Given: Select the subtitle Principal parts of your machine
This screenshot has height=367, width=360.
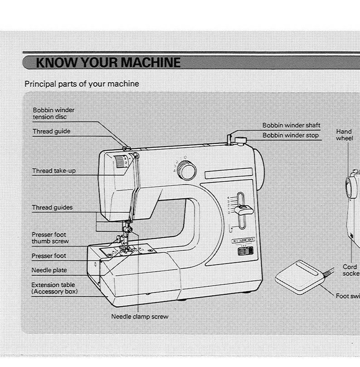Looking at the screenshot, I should point(82,84).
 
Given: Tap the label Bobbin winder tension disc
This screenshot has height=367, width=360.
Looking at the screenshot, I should point(54,113).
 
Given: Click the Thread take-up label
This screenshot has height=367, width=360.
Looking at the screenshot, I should point(53,171).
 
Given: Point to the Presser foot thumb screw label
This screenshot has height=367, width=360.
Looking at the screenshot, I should point(50,238).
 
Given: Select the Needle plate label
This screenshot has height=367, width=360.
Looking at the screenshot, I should point(49,270).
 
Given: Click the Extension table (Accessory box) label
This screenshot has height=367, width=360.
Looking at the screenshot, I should point(54,288).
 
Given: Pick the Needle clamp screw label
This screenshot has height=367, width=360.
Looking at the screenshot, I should point(140,317).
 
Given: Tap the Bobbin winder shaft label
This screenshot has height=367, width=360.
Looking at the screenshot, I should point(292,125).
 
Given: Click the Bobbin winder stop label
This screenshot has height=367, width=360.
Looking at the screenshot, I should point(291,135).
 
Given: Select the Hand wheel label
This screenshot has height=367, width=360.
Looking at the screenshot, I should point(344,135).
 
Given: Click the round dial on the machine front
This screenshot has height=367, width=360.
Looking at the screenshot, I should point(185,170).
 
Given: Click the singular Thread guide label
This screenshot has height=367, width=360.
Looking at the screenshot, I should point(51,132).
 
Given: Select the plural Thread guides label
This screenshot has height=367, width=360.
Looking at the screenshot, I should point(52,208).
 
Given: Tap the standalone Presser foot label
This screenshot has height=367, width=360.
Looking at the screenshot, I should point(49,256).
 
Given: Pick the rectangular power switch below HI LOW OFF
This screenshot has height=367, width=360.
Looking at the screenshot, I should point(243,251).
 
